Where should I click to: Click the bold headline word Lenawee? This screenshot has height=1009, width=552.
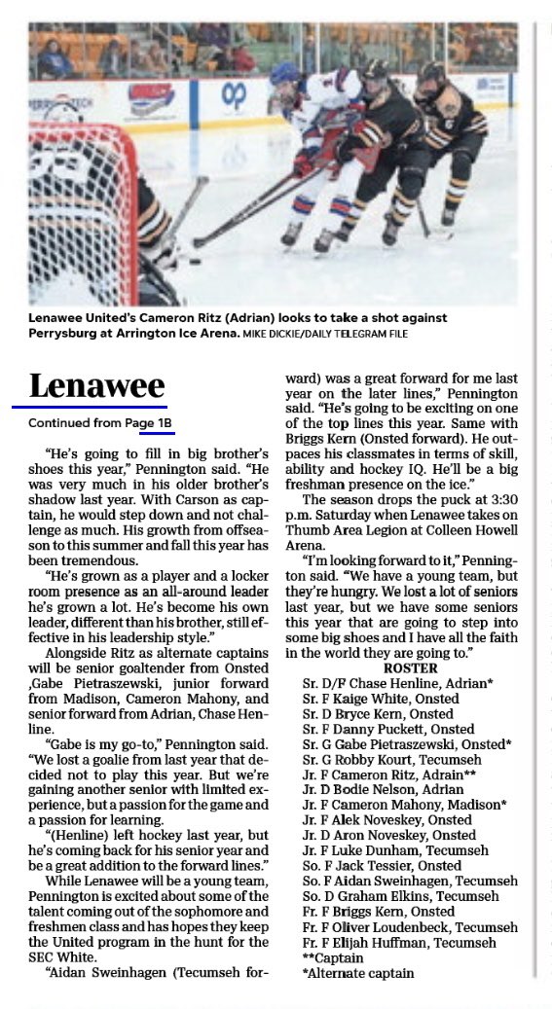[x=96, y=385]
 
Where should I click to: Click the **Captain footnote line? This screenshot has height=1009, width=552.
[x=337, y=957]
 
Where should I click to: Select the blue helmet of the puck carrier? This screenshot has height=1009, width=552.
[x=285, y=74]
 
